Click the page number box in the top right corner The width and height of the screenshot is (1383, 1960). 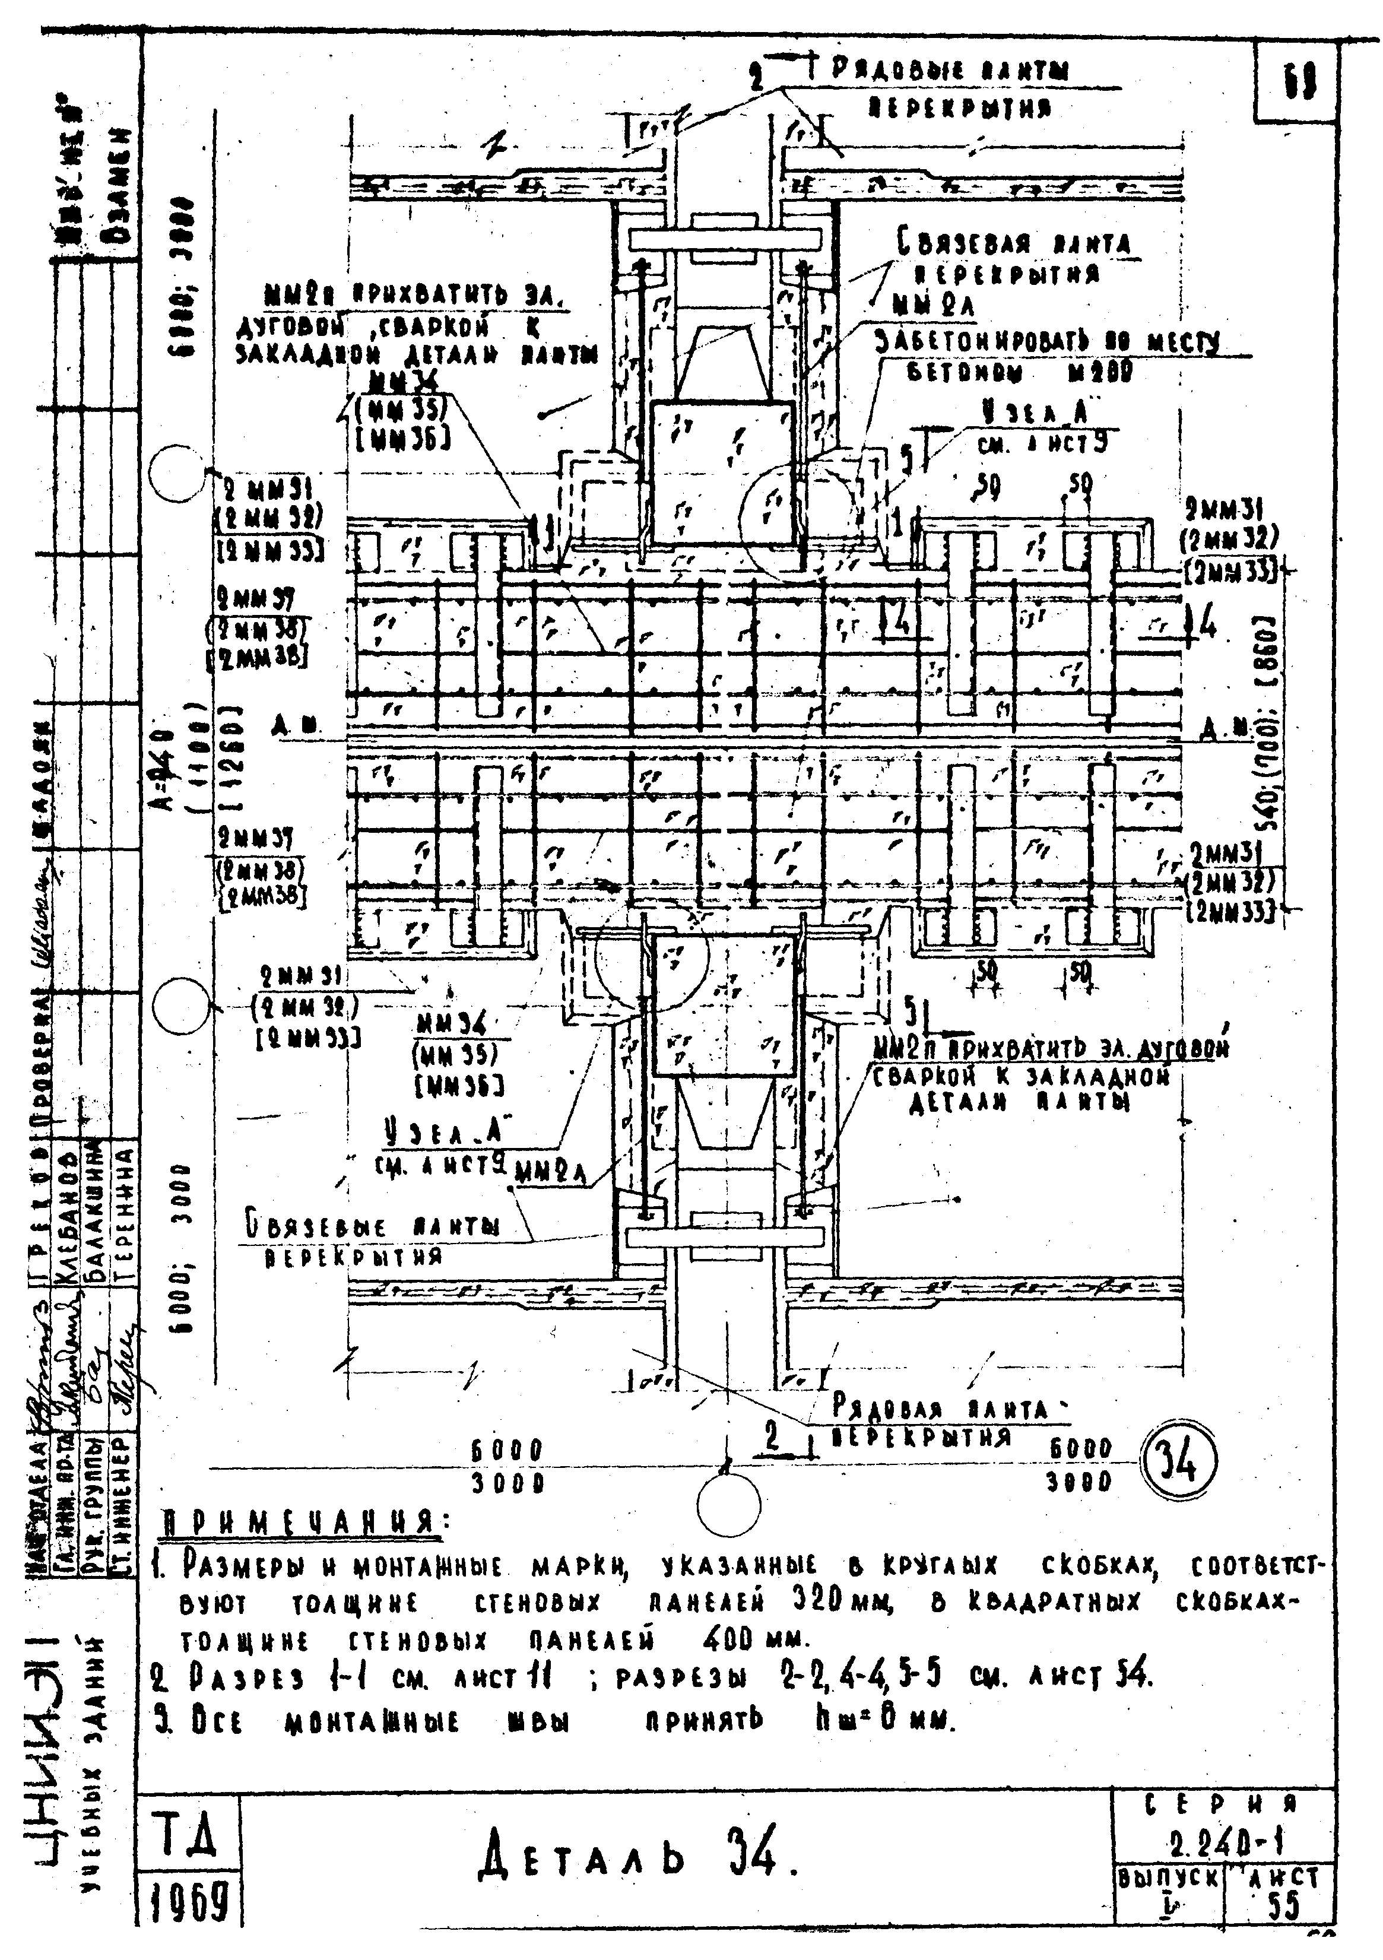tap(1298, 83)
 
